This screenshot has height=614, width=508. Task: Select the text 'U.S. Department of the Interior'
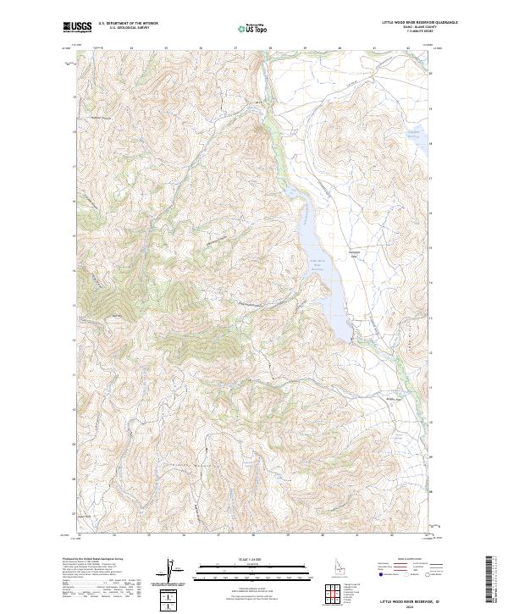128,24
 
